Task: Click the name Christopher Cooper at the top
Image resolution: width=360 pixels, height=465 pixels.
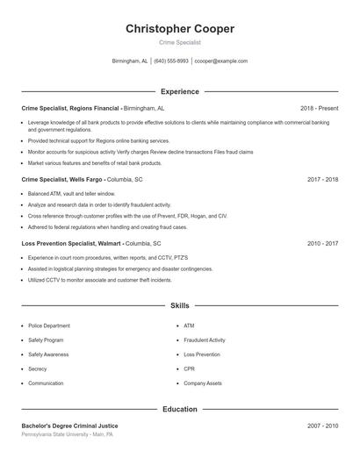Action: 180,29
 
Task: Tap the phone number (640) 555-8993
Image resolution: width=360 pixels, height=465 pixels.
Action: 171,61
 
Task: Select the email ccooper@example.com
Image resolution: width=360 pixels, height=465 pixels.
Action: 221,61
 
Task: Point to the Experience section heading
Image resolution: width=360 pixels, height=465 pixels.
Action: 180,91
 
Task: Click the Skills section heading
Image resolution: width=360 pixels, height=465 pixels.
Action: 180,305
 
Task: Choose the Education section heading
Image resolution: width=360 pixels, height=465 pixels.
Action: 180,409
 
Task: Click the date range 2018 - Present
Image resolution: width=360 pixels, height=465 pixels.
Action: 319,108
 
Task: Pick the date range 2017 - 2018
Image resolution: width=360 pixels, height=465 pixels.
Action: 322,179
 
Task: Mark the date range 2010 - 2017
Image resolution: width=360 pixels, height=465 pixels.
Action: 322,242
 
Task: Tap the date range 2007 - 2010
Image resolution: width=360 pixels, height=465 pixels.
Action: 322,426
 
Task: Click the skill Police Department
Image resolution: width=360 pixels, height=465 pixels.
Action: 49,325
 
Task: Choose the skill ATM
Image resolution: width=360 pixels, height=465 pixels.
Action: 189,325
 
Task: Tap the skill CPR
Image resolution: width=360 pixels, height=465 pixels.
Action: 190,369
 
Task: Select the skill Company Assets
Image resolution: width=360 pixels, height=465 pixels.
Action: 203,383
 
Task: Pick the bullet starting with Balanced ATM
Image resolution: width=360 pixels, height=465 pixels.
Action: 71,193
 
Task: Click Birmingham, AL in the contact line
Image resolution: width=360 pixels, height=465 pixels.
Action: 130,61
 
